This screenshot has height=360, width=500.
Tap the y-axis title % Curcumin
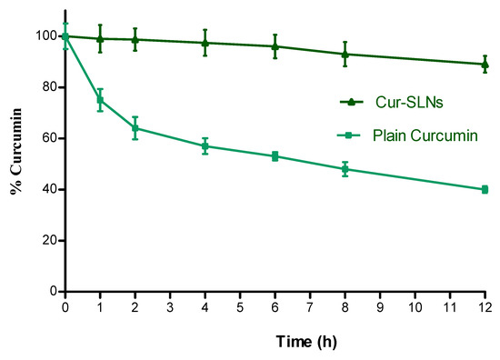(x=15, y=164)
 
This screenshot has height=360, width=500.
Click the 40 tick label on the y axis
(x=45, y=190)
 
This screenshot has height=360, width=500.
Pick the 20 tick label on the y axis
(x=45, y=241)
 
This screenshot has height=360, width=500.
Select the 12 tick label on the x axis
(x=485, y=307)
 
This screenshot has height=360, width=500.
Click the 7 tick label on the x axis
(x=310, y=307)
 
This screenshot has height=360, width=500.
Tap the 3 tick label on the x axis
(x=170, y=307)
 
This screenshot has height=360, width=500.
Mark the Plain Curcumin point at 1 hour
(x=100, y=100)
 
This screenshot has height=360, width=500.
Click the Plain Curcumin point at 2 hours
(x=135, y=128)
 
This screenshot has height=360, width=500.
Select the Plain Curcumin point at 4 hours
(x=205, y=146)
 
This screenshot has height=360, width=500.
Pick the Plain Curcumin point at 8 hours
(x=345, y=169)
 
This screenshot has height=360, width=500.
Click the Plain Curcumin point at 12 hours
(x=485, y=189)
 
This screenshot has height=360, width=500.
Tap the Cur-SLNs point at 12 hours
(x=485, y=64)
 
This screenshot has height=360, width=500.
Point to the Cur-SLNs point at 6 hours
(x=275, y=46)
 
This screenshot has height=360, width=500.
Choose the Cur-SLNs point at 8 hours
(x=345, y=54)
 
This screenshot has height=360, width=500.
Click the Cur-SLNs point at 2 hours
(x=135, y=39)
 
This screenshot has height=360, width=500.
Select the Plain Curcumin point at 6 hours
(x=275, y=156)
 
